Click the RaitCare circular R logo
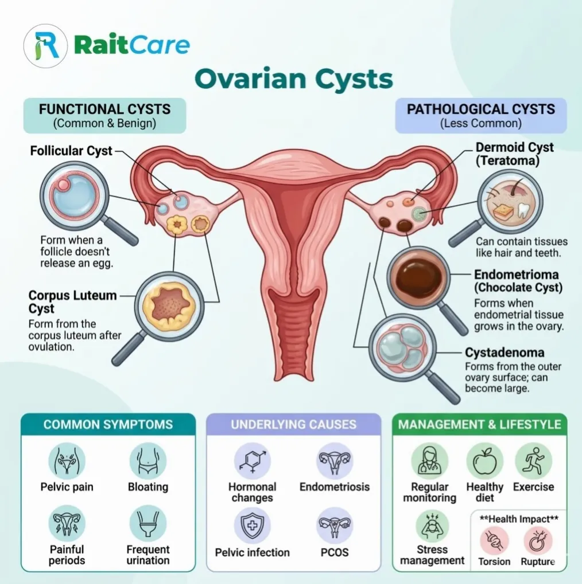(45, 46)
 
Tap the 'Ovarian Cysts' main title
(294, 79)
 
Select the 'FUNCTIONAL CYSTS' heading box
(105, 115)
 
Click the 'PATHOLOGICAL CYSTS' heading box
(481, 115)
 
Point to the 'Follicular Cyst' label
(71, 151)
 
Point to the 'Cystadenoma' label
(505, 352)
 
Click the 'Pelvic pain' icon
(67, 461)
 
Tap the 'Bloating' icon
(148, 461)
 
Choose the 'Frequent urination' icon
(148, 524)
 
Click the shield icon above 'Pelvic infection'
(252, 526)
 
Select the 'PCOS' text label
(335, 552)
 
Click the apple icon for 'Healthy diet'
(484, 461)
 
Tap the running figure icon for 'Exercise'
(534, 461)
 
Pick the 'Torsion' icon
(495, 541)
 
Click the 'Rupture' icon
(538, 541)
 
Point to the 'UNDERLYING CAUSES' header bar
(294, 425)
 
